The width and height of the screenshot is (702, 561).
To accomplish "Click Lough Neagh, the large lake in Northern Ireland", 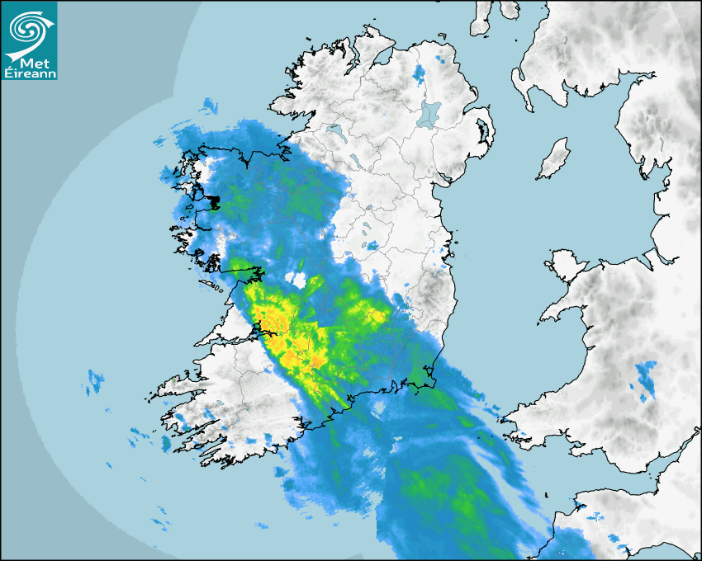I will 429,113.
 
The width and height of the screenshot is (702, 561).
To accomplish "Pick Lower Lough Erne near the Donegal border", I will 336,131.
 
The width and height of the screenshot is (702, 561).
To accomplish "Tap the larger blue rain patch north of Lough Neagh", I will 420,74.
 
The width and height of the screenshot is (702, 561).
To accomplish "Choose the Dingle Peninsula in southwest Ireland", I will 178,385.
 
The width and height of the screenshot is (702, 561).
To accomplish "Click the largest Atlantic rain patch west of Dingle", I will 97,380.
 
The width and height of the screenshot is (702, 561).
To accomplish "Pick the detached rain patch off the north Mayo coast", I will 207,106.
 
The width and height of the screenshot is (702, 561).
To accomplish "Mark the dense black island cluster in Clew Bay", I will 213,201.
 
